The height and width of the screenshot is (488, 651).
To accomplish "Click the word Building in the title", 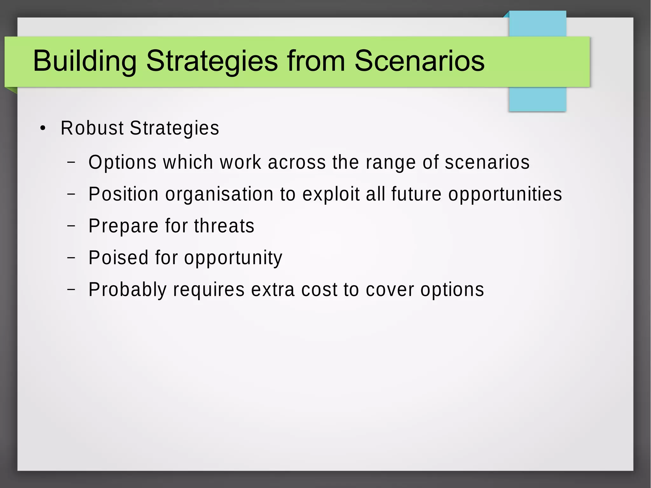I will tap(85, 61).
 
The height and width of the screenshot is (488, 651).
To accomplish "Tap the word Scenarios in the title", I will tap(419, 61).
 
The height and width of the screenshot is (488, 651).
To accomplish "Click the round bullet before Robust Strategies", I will tap(43, 129).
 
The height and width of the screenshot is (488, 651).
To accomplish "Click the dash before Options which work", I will tap(71, 162).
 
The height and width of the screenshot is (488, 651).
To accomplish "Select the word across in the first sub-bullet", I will tap(297, 162).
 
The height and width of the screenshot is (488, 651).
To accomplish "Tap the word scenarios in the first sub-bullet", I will tap(487, 162).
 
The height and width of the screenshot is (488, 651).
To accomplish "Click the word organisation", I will tap(219, 194).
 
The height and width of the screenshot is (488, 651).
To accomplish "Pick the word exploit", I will tap(331, 194).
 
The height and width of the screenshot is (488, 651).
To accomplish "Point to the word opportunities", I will tap(505, 195).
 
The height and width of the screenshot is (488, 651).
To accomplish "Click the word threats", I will tap(224, 226).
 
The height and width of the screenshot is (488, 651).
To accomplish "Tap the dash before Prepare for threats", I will tap(71, 226).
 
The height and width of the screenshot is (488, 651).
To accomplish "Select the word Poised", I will tap(118, 258).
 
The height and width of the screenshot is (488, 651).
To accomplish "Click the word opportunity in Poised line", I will tap(233, 258).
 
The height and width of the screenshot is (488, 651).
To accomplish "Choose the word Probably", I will tap(127, 290).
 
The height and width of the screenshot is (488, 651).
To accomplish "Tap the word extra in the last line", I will tap(273, 290).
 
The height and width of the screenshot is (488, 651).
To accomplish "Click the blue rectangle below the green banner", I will tap(537, 99).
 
